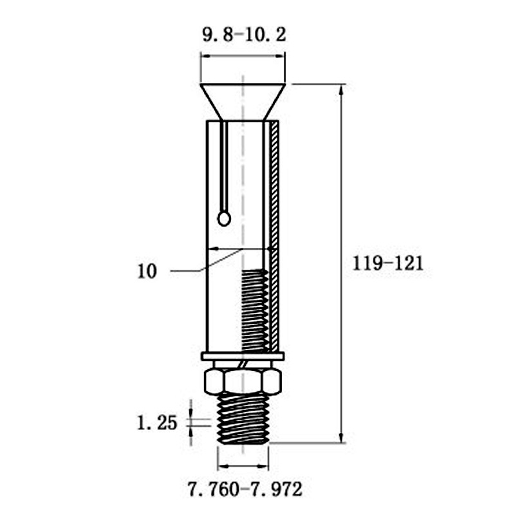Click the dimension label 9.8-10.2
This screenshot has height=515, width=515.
click(244, 35)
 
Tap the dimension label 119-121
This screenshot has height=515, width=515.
click(388, 264)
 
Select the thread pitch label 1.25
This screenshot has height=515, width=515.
click(157, 423)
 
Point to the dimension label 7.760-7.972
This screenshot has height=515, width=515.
click(245, 489)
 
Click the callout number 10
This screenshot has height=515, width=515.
click(147, 272)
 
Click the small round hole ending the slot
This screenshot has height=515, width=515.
click(224, 218)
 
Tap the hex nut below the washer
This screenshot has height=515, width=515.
click(243, 381)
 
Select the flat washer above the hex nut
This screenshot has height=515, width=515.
click(243, 357)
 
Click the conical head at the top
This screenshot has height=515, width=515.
click(243, 102)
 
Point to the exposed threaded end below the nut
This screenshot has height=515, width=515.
click(243, 418)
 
